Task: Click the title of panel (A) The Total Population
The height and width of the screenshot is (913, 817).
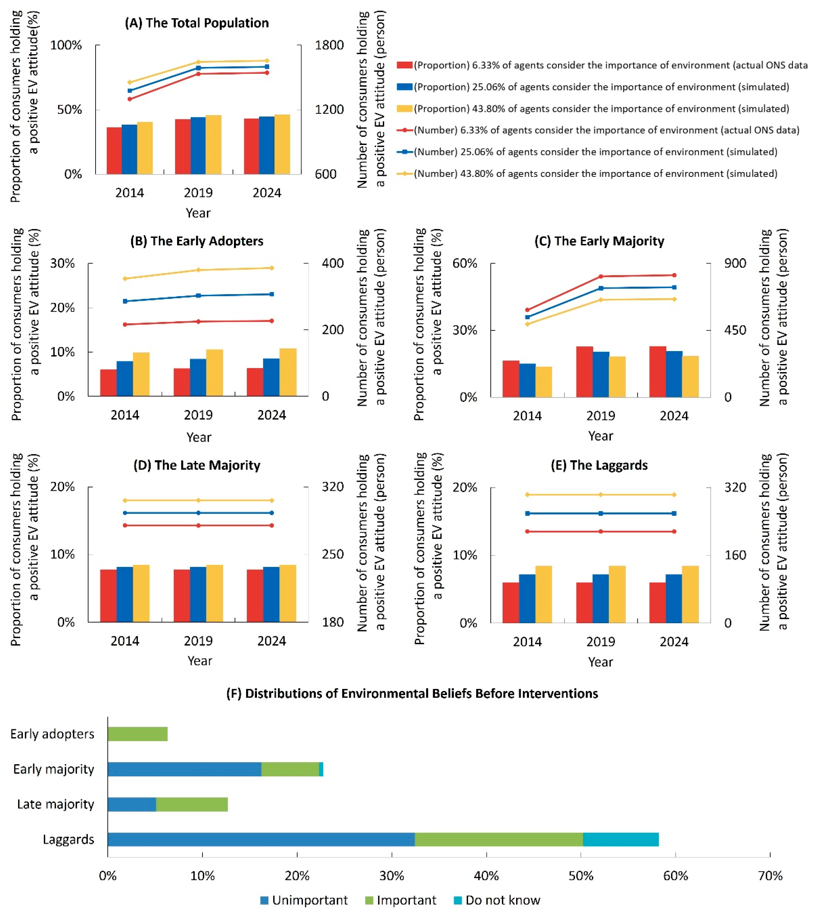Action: point(197,23)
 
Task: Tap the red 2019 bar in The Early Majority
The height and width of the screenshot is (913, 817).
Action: point(584,371)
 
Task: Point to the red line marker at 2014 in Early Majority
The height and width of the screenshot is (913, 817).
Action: point(527,310)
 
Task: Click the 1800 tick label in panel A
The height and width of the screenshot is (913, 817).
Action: point(329,45)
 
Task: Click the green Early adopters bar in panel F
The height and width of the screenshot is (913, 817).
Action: point(137,734)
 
